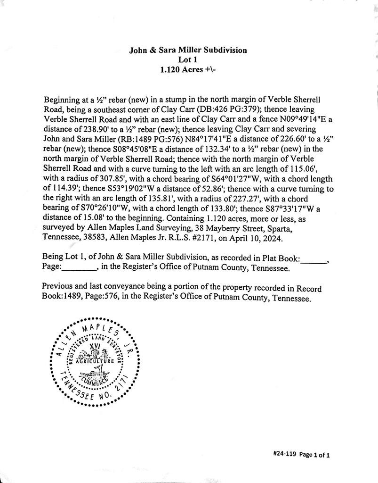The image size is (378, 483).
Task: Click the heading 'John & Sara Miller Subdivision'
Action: pos(188,50)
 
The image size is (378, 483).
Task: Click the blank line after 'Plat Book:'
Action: pos(313,258)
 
